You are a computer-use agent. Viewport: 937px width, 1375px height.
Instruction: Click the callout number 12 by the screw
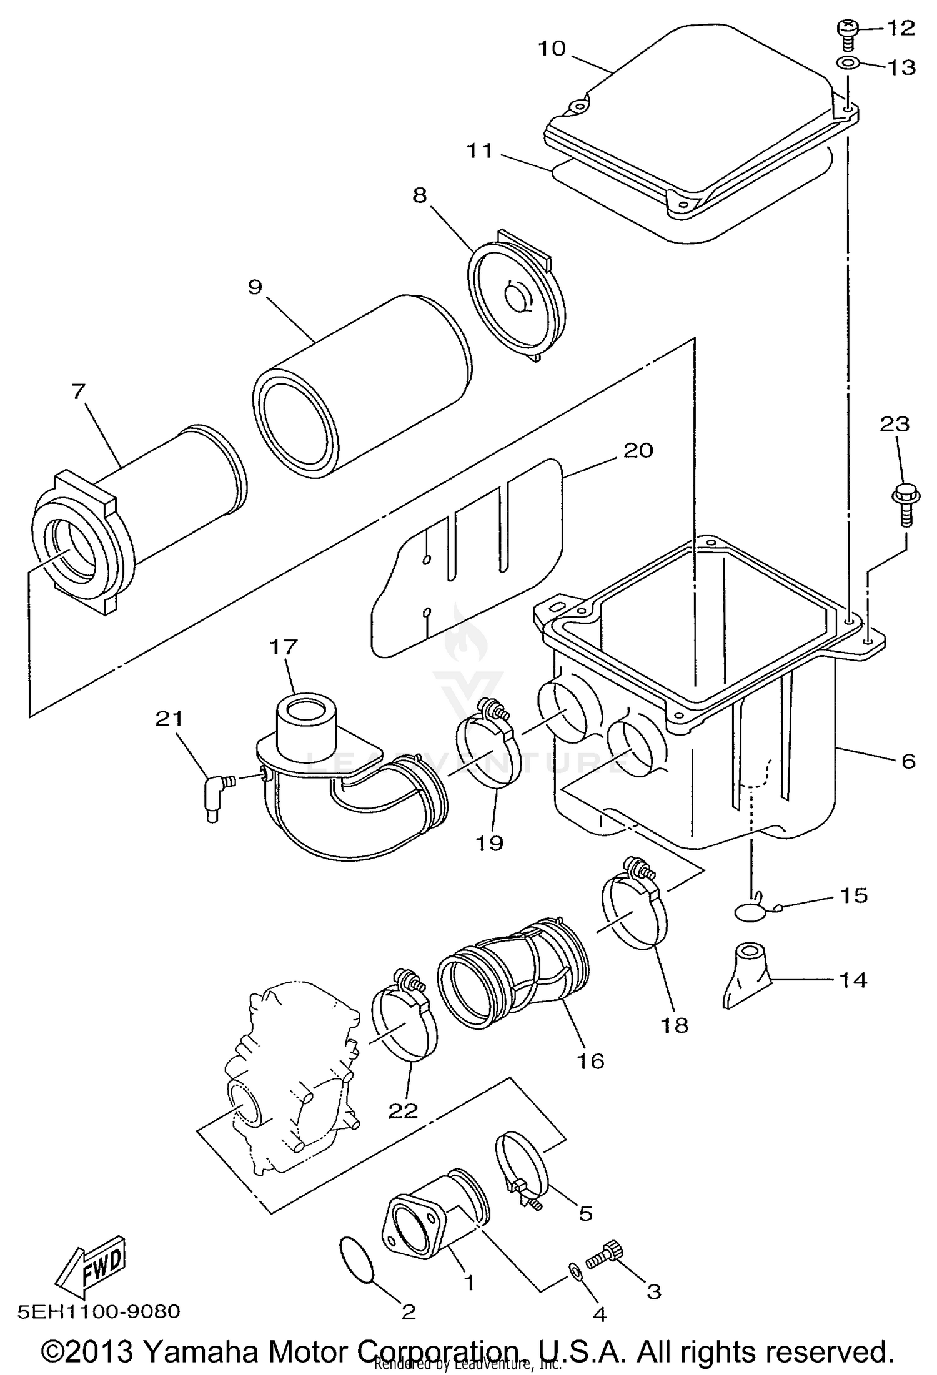[x=900, y=28]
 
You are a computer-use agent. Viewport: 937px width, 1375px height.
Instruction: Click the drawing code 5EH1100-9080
[x=99, y=1311]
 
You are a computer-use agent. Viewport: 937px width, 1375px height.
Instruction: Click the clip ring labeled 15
[x=750, y=912]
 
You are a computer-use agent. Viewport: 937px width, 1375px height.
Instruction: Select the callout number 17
[x=283, y=646]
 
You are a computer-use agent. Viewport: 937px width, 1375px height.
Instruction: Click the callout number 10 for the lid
[x=551, y=48]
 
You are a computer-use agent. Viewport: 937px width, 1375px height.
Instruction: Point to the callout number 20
[x=638, y=450]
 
